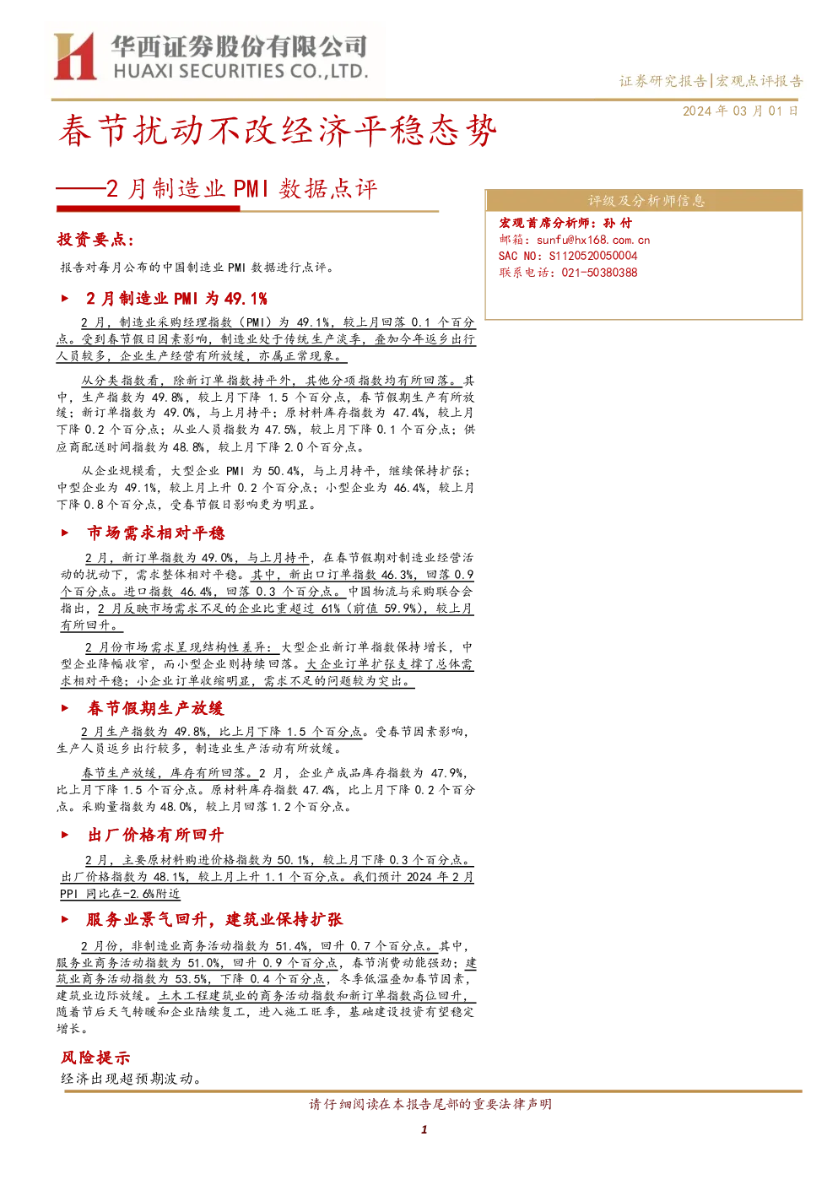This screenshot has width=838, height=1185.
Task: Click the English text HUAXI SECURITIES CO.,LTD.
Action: (x=241, y=72)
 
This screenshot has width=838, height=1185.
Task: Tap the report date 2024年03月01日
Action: (x=740, y=111)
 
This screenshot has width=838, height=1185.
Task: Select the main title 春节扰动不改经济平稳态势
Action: (x=277, y=130)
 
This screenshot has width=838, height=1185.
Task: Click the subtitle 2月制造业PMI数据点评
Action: (x=241, y=189)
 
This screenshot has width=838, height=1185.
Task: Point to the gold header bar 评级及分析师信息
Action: (x=643, y=201)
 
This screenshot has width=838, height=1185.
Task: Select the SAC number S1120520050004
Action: (x=593, y=256)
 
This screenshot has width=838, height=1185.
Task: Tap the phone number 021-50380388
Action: (x=599, y=273)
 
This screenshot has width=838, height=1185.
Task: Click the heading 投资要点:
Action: (x=95, y=240)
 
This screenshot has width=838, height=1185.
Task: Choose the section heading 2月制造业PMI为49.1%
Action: (x=176, y=299)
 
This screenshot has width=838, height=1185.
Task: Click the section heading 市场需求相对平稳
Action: (x=156, y=533)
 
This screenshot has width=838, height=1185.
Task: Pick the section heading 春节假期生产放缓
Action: (x=155, y=708)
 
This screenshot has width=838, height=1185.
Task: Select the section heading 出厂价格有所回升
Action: (x=155, y=835)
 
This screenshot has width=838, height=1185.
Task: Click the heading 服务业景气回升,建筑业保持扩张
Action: (x=215, y=919)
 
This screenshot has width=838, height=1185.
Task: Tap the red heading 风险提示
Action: (x=95, y=1058)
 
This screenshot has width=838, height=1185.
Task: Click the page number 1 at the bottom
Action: (x=424, y=1129)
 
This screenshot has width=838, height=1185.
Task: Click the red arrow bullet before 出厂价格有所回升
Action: (x=65, y=836)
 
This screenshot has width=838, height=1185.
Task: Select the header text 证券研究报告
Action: (x=662, y=81)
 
